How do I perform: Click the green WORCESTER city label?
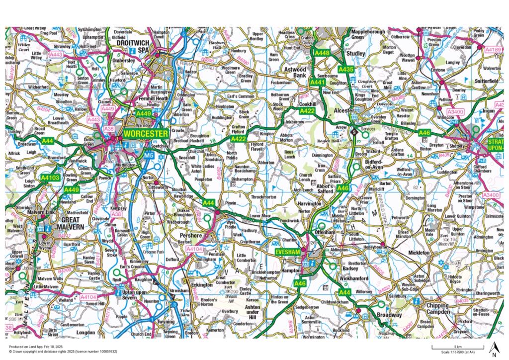coord(146,134)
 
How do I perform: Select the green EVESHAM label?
coord(289,253)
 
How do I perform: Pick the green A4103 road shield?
coord(51,177)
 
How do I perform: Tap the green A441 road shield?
coord(317,81)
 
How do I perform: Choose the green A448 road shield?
coord(323,53)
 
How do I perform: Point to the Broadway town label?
coord(389,315)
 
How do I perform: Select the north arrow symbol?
coord(494,349)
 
